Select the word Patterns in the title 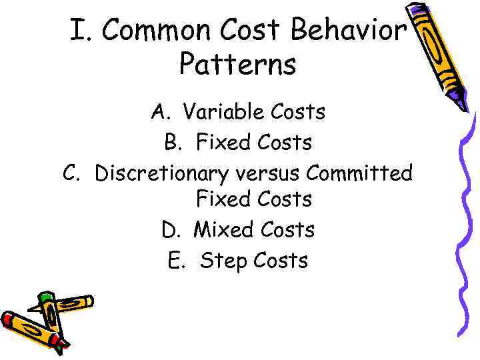pyautogui.click(x=237, y=65)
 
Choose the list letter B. pyautogui.click(x=173, y=142)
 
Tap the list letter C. pyautogui.click(x=71, y=173)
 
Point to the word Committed pyautogui.click(x=360, y=173)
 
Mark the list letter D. pyautogui.click(x=170, y=230)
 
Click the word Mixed pyautogui.click(x=224, y=230)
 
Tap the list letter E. pyautogui.click(x=176, y=260)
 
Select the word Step pyautogui.click(x=223, y=261)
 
